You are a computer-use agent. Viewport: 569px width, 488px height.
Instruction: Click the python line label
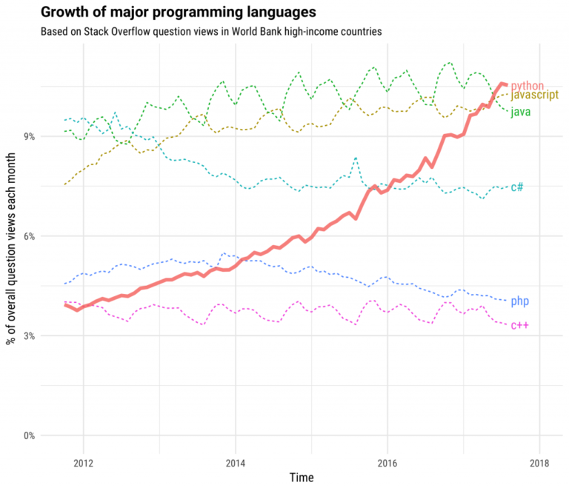528,86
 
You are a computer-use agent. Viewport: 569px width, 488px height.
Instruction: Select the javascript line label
536,96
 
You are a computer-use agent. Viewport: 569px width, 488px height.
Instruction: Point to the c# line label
517,187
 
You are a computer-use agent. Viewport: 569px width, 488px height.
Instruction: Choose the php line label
519,301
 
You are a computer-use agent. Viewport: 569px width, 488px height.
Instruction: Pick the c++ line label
519,325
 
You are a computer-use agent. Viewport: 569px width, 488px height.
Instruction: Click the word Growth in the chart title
62,13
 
